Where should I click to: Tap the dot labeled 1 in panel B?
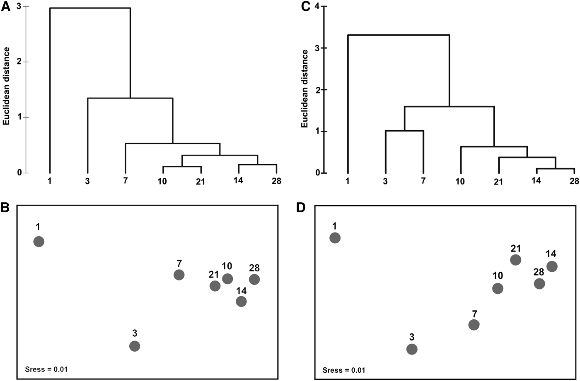39,242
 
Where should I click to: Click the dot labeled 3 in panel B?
135,346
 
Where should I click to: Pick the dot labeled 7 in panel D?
474,325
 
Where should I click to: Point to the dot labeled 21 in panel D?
515,260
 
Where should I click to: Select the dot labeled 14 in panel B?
241,302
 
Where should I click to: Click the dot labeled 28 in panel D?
539,283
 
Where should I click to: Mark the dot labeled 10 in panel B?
227,279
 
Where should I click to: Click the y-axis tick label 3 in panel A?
19,7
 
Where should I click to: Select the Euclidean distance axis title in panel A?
7,86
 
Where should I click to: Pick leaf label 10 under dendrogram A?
162,182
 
